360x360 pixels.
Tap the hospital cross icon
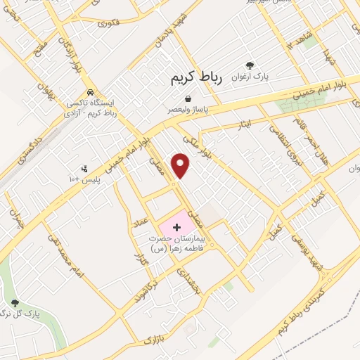click(x=176, y=227)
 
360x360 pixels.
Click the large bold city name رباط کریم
click(x=196, y=79)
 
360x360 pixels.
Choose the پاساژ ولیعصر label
click(x=187, y=110)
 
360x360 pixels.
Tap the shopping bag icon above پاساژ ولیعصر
click(x=187, y=98)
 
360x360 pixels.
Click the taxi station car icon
click(x=90, y=92)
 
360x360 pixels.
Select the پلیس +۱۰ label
click(x=85, y=180)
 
